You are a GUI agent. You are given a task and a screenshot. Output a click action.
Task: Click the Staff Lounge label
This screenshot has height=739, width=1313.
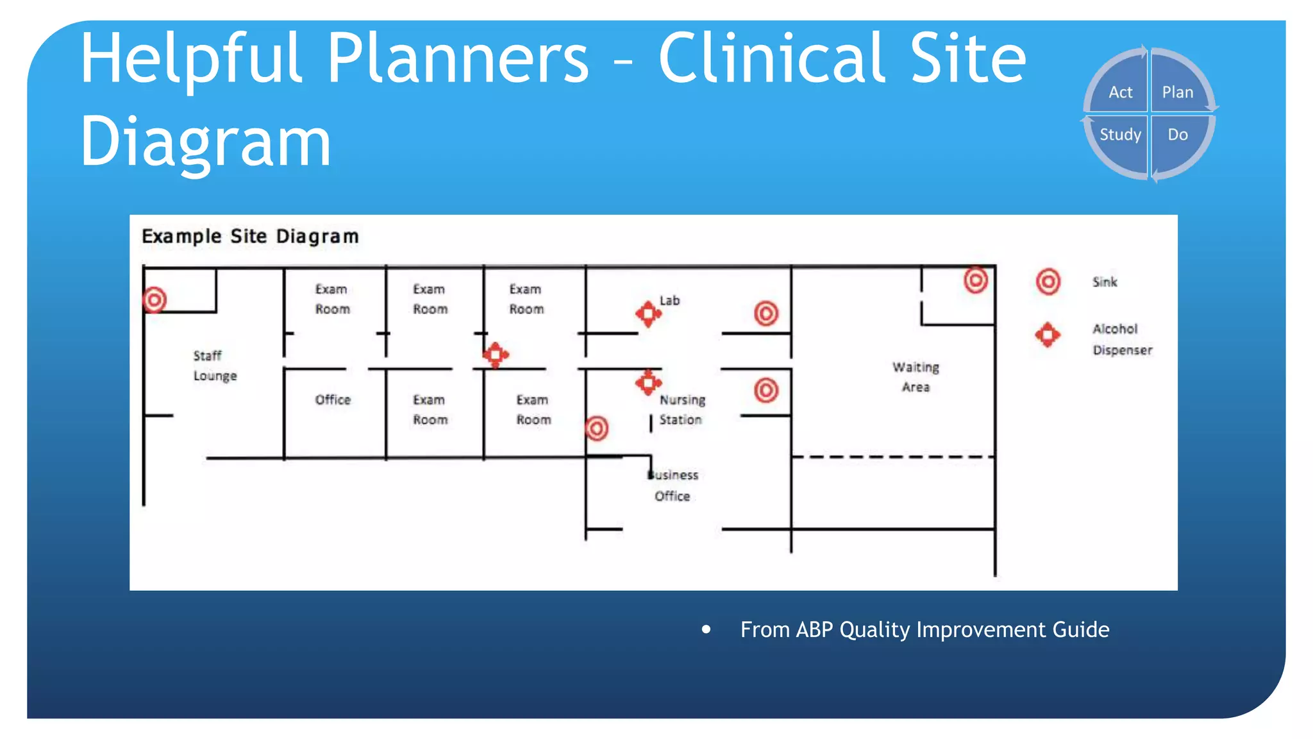215,366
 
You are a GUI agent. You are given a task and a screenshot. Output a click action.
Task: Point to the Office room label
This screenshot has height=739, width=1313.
333,400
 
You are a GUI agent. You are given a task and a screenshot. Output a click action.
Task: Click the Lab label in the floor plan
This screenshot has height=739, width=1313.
669,300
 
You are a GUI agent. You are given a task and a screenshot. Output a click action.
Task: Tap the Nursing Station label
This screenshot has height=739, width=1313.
682,409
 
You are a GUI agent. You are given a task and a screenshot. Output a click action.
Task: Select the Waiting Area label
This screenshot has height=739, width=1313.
916,377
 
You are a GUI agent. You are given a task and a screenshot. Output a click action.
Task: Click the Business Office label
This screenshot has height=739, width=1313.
673,485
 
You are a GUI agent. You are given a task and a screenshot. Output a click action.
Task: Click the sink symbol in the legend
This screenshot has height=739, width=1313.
1048,282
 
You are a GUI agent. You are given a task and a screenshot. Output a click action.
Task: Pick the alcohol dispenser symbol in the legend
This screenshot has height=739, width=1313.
1048,334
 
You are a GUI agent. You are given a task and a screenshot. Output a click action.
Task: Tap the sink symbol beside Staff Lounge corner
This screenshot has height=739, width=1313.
155,300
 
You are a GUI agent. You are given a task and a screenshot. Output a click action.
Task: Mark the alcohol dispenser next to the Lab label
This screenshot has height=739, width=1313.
648,314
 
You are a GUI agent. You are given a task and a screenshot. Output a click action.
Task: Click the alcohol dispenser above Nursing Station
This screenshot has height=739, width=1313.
648,382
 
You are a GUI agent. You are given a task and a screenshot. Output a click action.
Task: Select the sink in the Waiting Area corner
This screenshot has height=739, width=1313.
976,280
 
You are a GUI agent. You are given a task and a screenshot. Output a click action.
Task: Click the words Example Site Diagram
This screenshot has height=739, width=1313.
250,237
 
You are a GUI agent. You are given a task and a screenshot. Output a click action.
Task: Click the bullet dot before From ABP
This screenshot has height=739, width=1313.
706,629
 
